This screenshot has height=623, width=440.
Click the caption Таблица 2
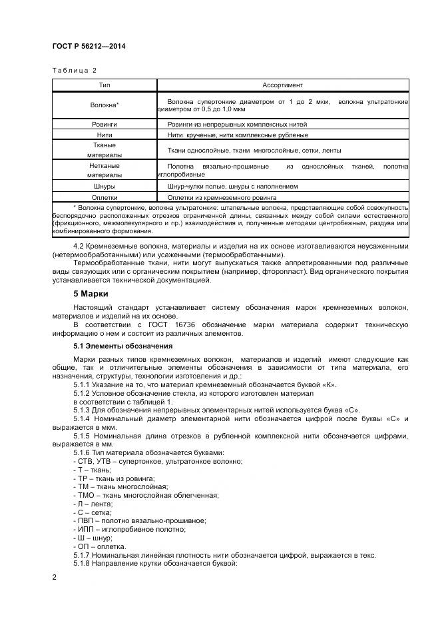point(75,70)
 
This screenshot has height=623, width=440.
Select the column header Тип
point(105,85)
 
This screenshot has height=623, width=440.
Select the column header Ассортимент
point(282,85)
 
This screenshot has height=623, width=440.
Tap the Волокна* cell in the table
point(105,105)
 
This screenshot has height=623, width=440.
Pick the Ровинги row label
point(105,125)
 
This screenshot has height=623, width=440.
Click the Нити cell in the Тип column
point(105,135)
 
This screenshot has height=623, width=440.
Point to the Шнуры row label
point(105,187)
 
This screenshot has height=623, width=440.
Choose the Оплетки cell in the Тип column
point(105,197)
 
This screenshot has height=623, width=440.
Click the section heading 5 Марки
point(91,294)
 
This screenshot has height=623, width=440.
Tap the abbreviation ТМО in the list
point(85,495)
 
